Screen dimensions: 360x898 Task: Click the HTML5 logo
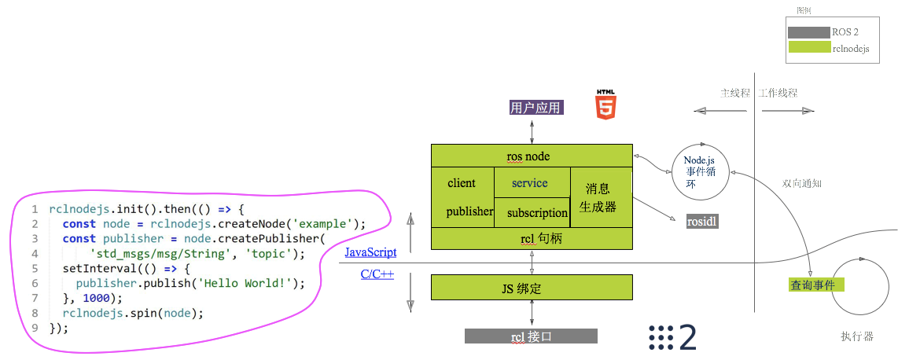[x=605, y=105]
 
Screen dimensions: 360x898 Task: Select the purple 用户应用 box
[x=535, y=108]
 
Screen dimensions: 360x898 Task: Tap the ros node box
[x=532, y=156]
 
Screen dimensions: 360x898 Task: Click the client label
[x=462, y=183]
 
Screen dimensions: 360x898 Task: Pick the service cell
[x=530, y=183]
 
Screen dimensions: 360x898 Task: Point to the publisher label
[x=469, y=211]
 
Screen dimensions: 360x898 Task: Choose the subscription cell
[x=537, y=212]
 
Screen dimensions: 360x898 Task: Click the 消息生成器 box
[x=601, y=197]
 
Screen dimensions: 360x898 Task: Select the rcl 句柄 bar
[x=532, y=237]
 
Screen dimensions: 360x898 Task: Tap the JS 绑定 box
[x=532, y=288]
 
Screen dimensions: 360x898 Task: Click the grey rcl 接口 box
[x=531, y=336]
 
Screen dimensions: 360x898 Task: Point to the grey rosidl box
[x=701, y=222]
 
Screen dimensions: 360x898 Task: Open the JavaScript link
[x=370, y=252]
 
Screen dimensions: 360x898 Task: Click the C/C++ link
[x=377, y=274]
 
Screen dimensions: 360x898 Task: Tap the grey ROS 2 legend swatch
[x=808, y=32]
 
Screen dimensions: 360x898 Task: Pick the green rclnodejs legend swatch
[x=808, y=48]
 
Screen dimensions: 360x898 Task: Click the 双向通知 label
[x=801, y=183]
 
